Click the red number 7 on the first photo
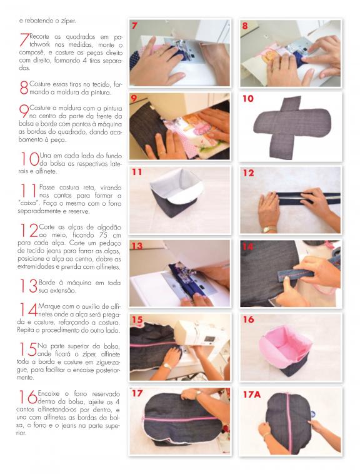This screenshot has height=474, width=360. [134, 26]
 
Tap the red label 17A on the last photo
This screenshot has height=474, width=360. [252, 395]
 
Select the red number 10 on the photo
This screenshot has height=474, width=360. [248, 99]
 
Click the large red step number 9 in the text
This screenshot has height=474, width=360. [24, 111]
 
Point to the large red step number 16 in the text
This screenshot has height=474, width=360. [28, 397]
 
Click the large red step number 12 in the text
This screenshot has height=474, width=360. [29, 231]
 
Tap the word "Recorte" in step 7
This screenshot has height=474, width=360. [39, 36]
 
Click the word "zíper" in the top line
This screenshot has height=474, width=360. [69, 21]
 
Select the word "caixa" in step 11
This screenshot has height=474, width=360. [28, 203]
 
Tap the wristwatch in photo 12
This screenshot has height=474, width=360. [269, 229]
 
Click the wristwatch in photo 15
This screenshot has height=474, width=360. [166, 366]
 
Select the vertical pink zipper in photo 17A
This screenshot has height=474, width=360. [288, 424]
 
